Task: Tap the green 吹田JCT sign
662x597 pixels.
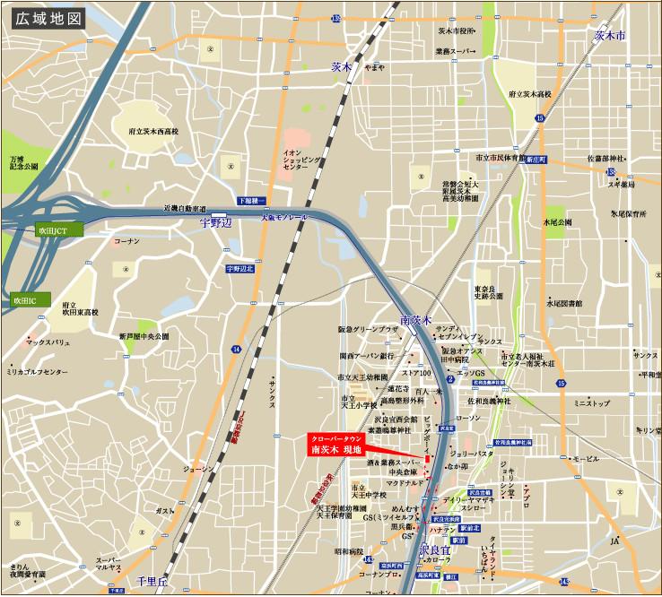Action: pyautogui.click(x=58, y=229)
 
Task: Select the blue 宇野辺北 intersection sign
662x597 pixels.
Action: pyautogui.click(x=240, y=268)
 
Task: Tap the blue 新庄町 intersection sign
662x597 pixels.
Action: pyautogui.click(x=536, y=158)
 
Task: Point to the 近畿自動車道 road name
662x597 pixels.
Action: pyautogui.click(x=184, y=208)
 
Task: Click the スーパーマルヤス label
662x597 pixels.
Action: pyautogui.click(x=109, y=565)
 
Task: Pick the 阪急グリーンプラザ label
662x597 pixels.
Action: pyautogui.click(x=368, y=330)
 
